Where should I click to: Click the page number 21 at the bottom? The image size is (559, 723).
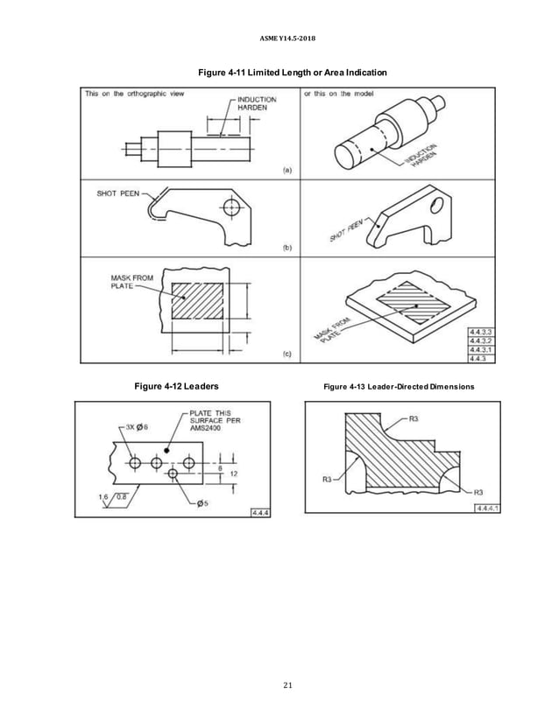tap(279, 684)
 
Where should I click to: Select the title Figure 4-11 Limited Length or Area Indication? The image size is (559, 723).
tap(279, 71)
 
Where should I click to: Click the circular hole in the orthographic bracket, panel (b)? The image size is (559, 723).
tap(231, 207)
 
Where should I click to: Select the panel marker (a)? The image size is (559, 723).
tap(287, 171)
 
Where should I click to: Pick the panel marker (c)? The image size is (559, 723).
tap(287, 354)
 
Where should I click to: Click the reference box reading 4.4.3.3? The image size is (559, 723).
tap(481, 331)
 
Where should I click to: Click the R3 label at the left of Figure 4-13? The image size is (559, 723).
tap(327, 479)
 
